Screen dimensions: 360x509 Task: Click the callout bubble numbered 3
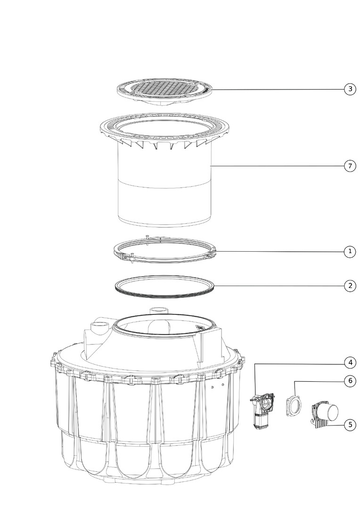350,89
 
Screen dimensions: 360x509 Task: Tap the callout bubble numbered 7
350,166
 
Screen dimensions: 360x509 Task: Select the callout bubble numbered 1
350,251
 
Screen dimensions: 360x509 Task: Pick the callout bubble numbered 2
350,286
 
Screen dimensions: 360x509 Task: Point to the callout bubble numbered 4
350,362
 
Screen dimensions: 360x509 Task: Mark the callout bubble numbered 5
350,424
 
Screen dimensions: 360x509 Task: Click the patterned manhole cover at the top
165,91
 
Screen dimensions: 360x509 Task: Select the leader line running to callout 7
278,166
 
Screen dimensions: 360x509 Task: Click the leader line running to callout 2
279,286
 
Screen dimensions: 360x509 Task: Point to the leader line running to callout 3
277,89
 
